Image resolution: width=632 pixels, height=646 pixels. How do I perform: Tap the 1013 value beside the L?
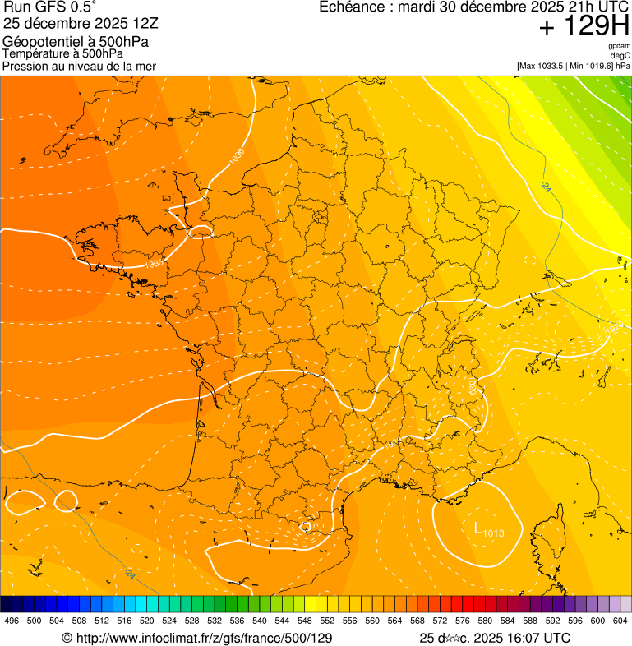[x=493, y=534]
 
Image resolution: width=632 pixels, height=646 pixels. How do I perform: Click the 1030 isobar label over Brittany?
[x=154, y=265]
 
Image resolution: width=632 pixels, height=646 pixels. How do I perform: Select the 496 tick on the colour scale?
[x=12, y=621]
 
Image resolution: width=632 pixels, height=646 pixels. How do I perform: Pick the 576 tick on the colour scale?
[x=464, y=621]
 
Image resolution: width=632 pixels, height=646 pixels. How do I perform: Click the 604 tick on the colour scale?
[x=620, y=621]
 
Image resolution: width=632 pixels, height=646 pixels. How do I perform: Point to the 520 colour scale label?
[x=147, y=621]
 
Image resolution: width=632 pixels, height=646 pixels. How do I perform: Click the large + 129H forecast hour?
[x=584, y=27]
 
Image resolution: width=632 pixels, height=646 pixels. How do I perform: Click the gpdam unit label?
[x=619, y=46]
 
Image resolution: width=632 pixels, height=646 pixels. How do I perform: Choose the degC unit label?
[x=620, y=55]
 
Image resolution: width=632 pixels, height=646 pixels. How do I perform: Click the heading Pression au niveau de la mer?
[x=79, y=65]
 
